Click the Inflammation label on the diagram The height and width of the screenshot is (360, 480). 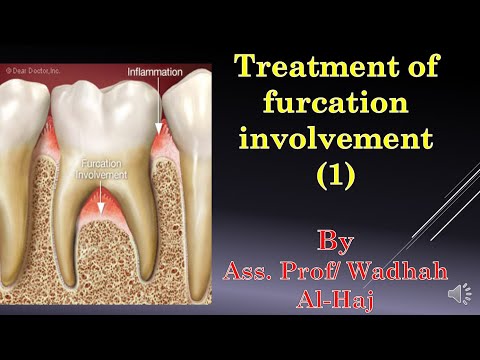pos(154,71)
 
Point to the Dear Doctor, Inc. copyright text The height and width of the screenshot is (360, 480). pos(36,70)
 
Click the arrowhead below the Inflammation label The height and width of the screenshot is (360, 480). pos(156,130)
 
